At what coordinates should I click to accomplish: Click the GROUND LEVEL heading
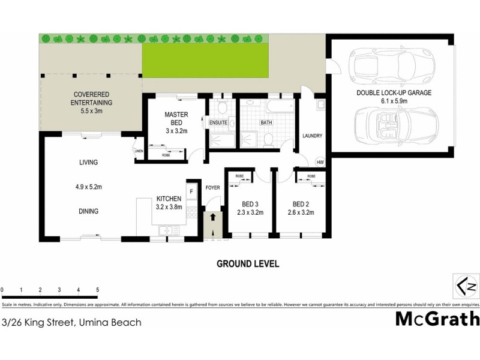pos(248,263)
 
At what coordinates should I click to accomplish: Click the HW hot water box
pos(319,163)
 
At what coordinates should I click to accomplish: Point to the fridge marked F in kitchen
pos(191,192)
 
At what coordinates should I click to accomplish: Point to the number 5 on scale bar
pos(97,290)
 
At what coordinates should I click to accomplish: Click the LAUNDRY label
pos(313,136)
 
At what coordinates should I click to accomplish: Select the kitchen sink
pos(166,231)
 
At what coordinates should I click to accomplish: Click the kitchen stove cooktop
pos(191,212)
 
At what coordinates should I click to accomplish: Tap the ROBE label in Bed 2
pos(311,176)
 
